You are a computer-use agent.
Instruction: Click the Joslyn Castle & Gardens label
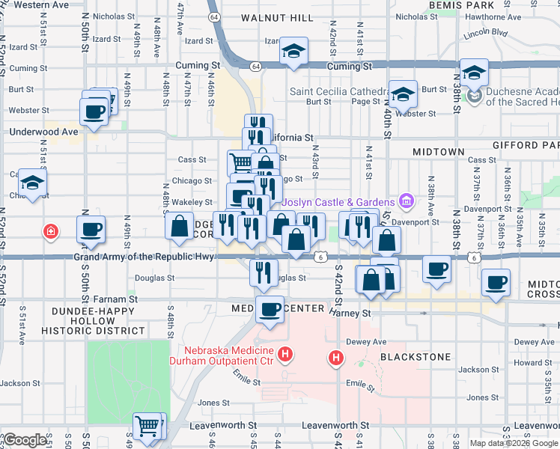[338, 202]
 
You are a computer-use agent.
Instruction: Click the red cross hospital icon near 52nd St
[50, 231]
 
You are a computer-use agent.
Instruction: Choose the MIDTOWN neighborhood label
[439, 152]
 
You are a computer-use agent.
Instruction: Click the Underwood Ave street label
[43, 132]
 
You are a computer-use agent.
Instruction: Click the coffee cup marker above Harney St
[270, 308]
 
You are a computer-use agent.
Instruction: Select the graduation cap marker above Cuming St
[293, 52]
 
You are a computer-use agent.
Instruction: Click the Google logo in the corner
[24, 440]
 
